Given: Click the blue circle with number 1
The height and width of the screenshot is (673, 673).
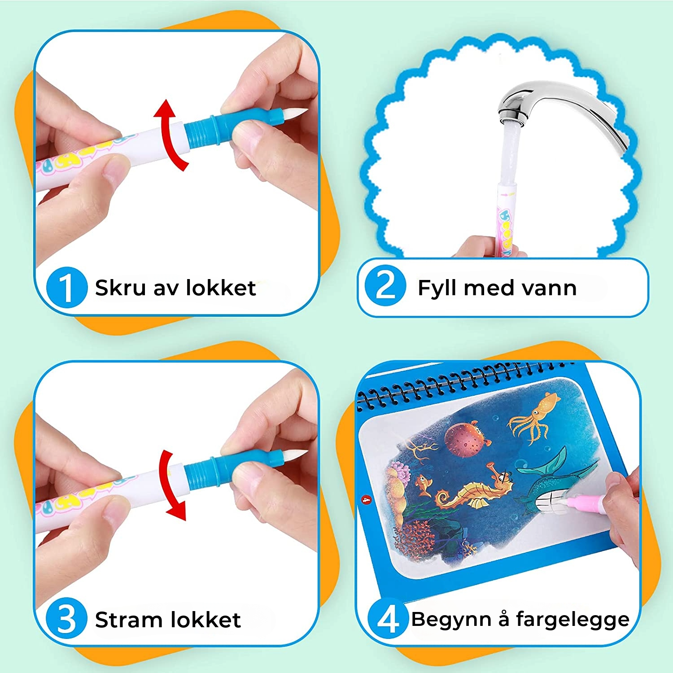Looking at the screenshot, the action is tap(66, 288).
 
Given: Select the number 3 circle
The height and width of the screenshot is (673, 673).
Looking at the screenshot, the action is tap(66, 619).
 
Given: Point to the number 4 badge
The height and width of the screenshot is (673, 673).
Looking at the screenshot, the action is tap(388, 619).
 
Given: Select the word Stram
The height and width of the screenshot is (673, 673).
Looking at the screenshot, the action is tap(129, 620).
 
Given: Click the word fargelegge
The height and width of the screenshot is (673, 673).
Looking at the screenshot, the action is tap(572, 620).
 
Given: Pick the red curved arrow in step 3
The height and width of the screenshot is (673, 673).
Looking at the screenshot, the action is tap(170, 485).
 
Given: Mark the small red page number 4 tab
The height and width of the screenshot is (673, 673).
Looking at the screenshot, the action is tap(366, 499).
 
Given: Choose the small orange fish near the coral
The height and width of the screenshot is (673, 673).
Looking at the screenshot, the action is tap(423, 485).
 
